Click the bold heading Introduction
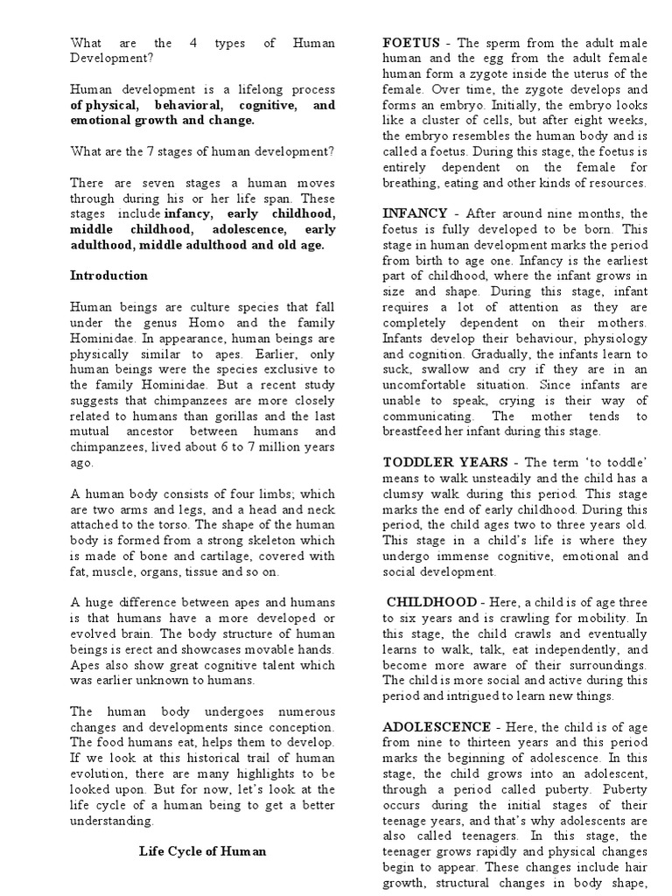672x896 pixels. tap(108, 276)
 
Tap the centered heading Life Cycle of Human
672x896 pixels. tap(202, 850)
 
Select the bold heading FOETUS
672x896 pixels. tap(409, 42)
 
